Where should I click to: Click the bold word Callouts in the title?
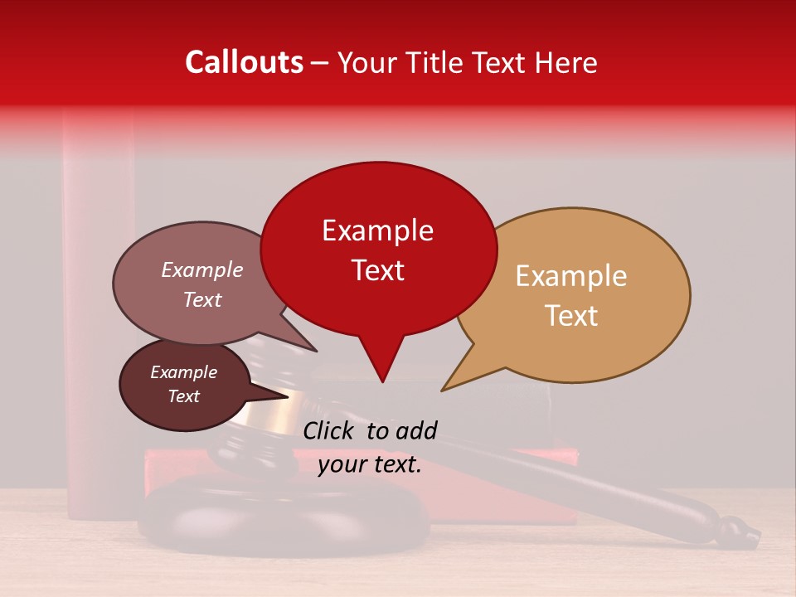click(x=244, y=62)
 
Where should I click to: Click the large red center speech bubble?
click(x=378, y=249)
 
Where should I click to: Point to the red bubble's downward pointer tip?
click(x=382, y=381)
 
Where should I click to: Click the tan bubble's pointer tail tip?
click(x=443, y=389)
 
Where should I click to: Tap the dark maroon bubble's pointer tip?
click(x=288, y=396)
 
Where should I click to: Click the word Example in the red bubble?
click(x=377, y=231)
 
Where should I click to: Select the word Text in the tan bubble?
click(x=572, y=316)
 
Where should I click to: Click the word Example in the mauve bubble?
click(x=202, y=270)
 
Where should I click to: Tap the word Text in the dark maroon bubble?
click(x=184, y=396)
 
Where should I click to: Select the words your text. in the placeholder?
click(x=370, y=464)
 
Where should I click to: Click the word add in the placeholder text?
click(x=415, y=430)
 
